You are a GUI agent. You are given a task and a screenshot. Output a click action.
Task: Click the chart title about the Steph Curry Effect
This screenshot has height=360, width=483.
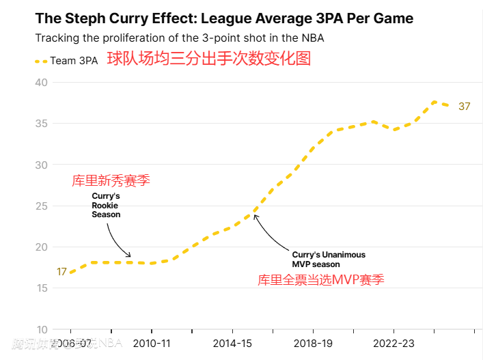point(224,18)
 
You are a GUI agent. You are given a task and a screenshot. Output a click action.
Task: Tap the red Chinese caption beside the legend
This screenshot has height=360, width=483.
point(208,59)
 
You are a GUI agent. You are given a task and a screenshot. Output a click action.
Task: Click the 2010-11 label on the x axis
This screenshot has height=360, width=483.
point(151,343)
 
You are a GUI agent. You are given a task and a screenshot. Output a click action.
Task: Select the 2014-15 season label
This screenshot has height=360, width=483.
point(232,343)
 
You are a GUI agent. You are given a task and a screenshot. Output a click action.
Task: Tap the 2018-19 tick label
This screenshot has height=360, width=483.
point(313,343)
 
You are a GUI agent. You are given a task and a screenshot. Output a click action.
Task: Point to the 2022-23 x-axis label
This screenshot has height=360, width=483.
point(394,343)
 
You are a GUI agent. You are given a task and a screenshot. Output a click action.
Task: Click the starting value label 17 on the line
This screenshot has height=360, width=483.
point(61,272)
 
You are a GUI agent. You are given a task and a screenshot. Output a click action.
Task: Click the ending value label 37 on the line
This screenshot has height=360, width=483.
point(465,107)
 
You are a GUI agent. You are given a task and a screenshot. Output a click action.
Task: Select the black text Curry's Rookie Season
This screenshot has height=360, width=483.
point(106,205)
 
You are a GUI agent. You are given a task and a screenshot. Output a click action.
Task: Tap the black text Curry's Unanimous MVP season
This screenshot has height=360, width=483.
point(329,259)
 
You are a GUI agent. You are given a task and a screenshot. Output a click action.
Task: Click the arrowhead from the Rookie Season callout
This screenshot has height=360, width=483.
point(128,255)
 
